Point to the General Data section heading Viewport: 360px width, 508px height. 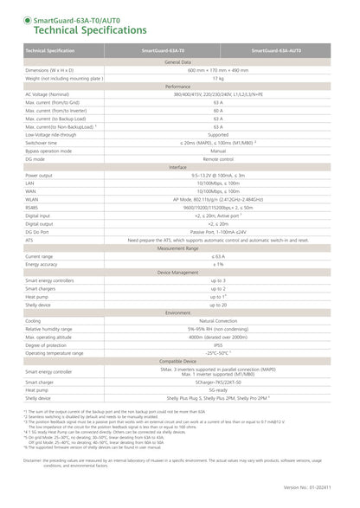[x=178, y=62]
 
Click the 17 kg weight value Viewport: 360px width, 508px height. [x=218, y=78]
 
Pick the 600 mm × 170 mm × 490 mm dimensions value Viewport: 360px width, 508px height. [x=218, y=70]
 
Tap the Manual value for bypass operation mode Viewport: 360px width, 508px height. [x=218, y=151]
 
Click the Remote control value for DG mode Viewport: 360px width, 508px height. [x=218, y=158]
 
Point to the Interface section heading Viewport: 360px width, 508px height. [x=178, y=166]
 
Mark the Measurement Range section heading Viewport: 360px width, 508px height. [x=178, y=248]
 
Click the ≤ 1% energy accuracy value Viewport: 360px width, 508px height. [x=218, y=264]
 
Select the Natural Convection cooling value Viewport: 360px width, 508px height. [x=218, y=320]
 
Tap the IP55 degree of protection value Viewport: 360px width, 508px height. [x=218, y=344]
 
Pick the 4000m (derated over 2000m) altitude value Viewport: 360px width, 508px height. [x=218, y=337]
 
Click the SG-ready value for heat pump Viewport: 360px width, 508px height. [x=218, y=389]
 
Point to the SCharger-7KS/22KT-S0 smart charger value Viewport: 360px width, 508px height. [x=218, y=382]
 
